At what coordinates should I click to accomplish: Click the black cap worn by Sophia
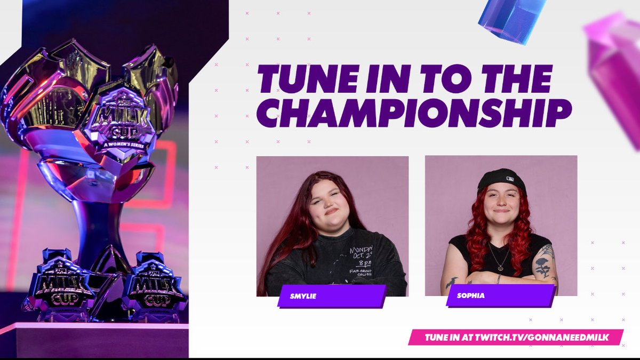[x=501, y=178]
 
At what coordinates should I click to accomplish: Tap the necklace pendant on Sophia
[x=499, y=267]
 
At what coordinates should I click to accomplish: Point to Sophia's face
[x=501, y=202]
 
